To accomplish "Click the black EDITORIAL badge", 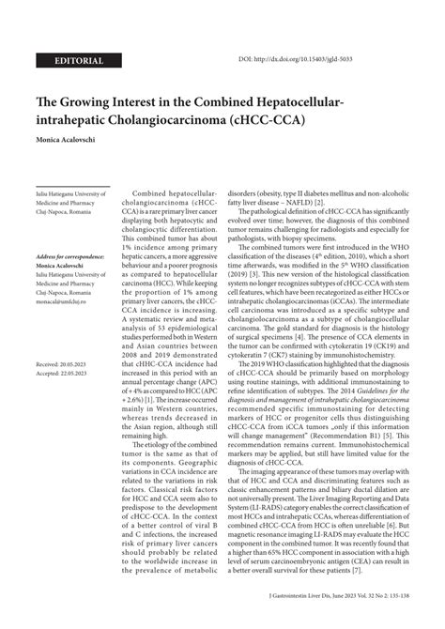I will pyautogui.click(x=80, y=61).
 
